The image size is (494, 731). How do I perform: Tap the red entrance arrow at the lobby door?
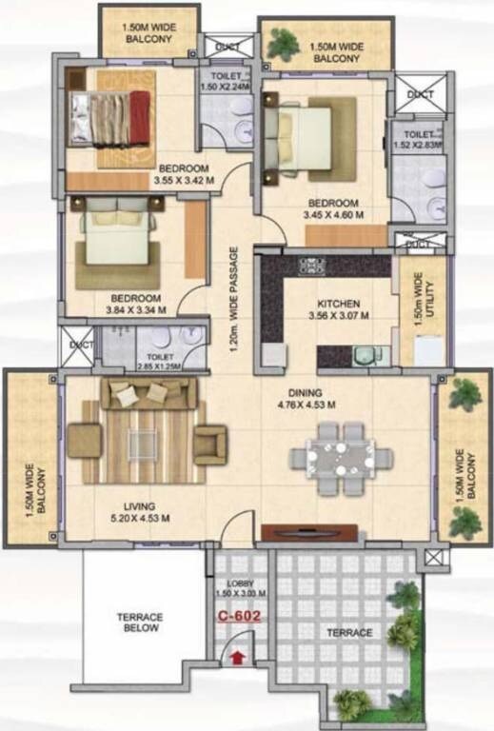pyautogui.click(x=237, y=656)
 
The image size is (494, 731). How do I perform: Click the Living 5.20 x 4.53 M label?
pyautogui.click(x=138, y=512)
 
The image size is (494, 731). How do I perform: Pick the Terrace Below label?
pyautogui.click(x=140, y=622)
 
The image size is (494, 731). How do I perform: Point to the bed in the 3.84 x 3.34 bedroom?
pyautogui.click(x=117, y=238)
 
